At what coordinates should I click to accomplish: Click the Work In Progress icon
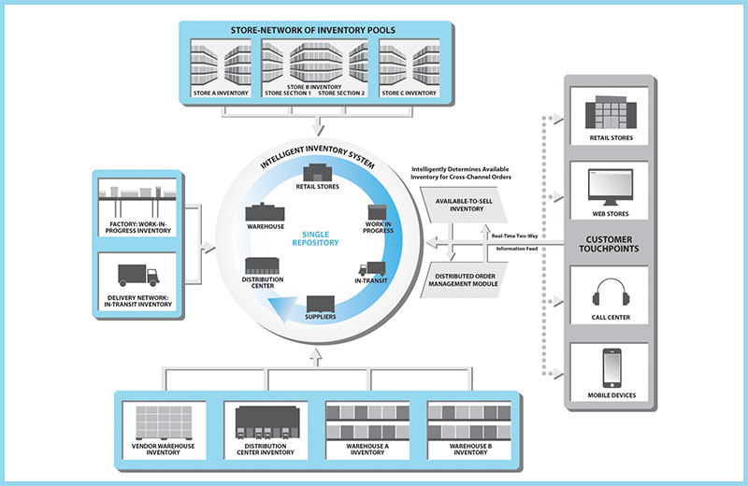[378, 213]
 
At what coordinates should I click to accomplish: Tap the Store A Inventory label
[220, 93]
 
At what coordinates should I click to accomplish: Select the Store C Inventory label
[409, 93]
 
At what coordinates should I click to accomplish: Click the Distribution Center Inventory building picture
[269, 423]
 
